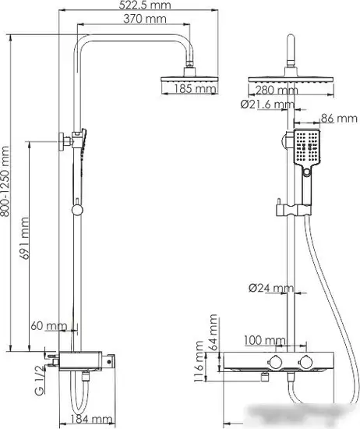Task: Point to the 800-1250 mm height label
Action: [8, 181]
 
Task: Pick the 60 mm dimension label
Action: [48, 324]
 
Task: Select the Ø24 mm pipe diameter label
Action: [270, 289]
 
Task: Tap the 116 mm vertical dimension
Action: [199, 365]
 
